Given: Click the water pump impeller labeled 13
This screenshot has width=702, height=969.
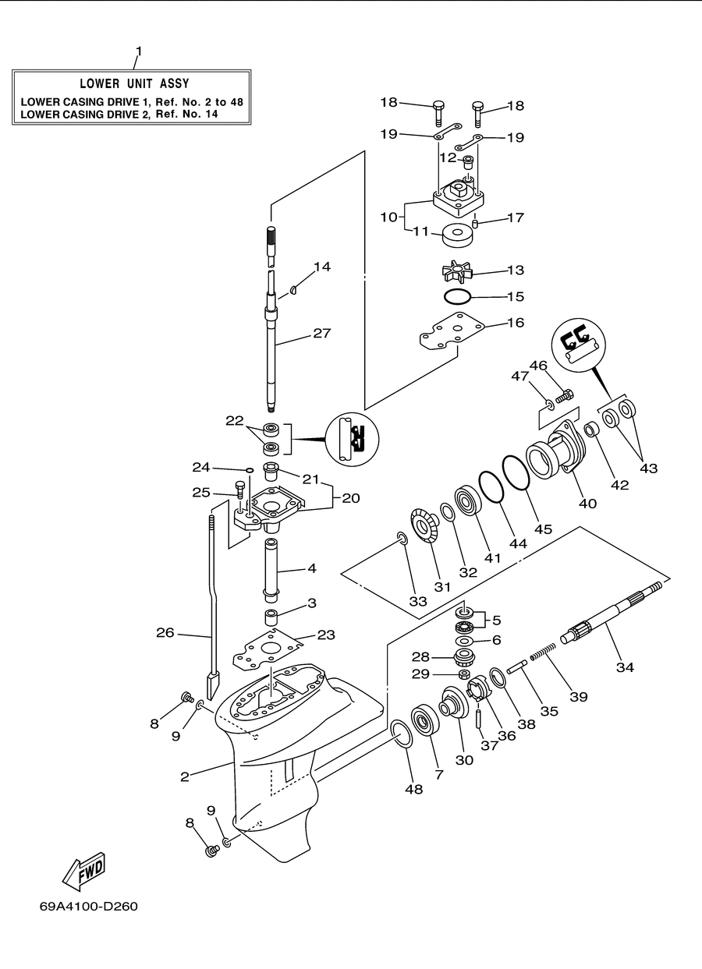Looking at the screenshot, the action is click(457, 273).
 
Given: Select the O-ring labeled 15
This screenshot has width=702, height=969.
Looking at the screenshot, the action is click(457, 297).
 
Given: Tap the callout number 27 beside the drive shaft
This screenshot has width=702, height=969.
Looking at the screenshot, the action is click(322, 333).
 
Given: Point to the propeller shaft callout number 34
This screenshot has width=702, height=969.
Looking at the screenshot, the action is click(625, 667).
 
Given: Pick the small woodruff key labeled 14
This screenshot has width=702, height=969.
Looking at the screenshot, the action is click(293, 290).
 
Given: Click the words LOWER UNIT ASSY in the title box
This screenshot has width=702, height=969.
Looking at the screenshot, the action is click(135, 83).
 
